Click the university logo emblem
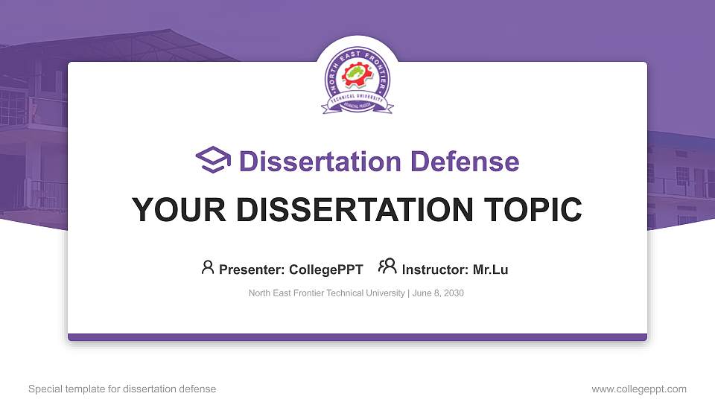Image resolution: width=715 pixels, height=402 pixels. [357, 81]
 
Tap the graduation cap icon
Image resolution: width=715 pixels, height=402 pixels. [213, 160]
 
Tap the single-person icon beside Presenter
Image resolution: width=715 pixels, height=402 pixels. [208, 267]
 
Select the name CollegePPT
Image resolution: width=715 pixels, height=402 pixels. [327, 269]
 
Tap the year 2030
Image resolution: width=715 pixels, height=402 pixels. [452, 293]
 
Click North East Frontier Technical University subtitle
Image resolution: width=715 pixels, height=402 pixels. [327, 293]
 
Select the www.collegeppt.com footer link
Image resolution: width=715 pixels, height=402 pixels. [638, 389]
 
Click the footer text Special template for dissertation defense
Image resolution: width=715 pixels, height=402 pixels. [122, 389]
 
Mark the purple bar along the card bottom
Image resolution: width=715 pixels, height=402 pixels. [357, 337]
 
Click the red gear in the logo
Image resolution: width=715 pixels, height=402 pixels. [357, 77]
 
